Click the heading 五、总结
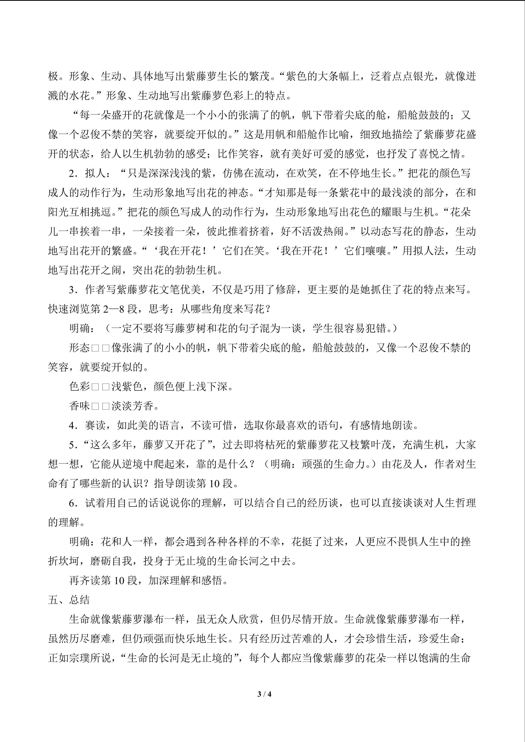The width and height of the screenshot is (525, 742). point(69,600)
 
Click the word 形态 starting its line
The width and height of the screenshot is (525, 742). point(79,348)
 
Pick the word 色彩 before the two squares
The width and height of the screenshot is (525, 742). point(79,387)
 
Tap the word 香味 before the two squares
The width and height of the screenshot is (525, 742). point(79,406)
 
